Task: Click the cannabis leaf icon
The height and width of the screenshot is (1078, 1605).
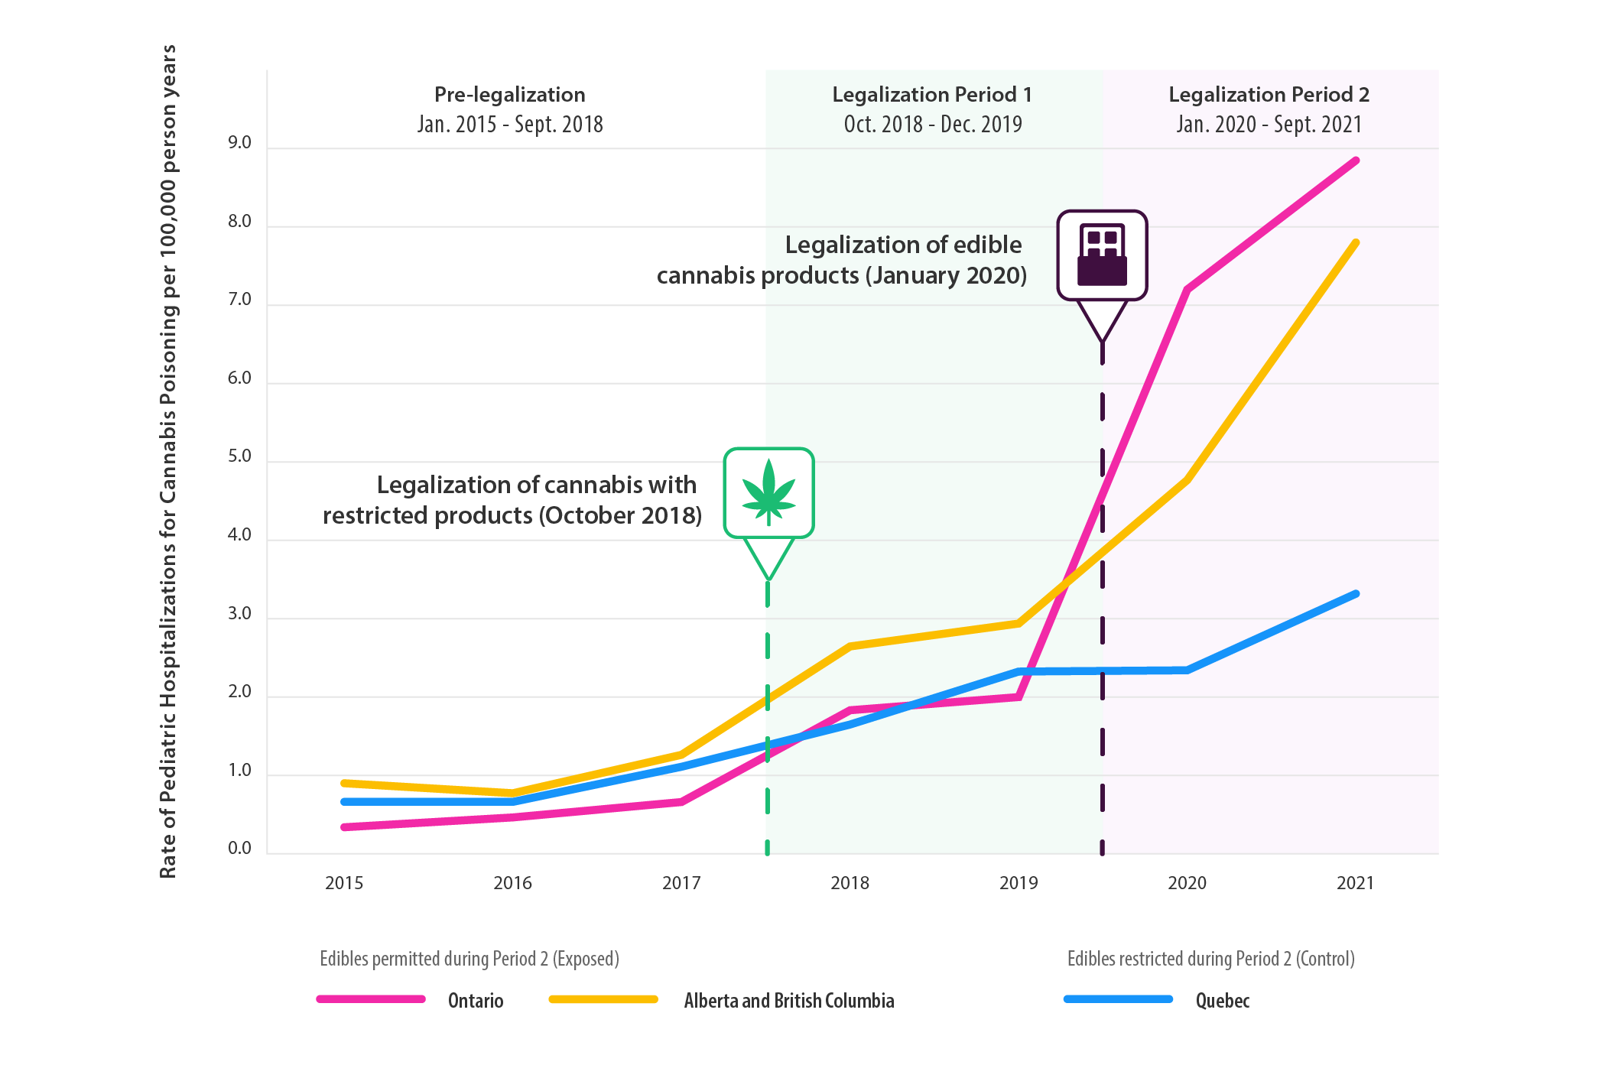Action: pos(768,492)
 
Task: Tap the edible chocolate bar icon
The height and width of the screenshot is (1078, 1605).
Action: pos(1102,255)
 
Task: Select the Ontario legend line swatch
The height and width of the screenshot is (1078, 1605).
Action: pos(371,999)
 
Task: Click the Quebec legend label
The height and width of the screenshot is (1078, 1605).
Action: pos(1222,1001)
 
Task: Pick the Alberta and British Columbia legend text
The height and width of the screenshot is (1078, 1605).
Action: pos(788,1001)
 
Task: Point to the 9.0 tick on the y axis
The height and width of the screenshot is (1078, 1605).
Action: pos(239,143)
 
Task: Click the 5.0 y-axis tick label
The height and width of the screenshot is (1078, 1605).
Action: pos(239,456)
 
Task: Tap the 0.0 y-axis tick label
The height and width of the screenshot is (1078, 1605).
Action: pos(239,848)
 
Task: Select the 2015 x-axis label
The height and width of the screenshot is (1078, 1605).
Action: pos(344,883)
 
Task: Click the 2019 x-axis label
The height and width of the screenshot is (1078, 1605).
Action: pos(1019,883)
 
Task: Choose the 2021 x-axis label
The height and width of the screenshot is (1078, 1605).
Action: pos(1355,883)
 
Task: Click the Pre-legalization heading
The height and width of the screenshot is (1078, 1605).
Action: pos(510,95)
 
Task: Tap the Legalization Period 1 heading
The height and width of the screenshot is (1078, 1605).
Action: pos(932,95)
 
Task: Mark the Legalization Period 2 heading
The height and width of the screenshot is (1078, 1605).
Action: pos(1269,95)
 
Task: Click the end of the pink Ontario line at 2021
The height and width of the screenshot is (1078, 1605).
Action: pos(1356,161)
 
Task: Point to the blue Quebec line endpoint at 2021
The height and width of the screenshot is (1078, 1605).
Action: pos(1356,594)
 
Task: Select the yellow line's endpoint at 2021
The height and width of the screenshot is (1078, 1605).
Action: pos(1356,243)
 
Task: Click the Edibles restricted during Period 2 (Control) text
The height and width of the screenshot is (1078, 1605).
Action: pos(1210,959)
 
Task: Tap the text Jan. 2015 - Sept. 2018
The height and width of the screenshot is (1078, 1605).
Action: pos(510,124)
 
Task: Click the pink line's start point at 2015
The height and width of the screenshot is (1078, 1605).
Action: pos(345,827)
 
